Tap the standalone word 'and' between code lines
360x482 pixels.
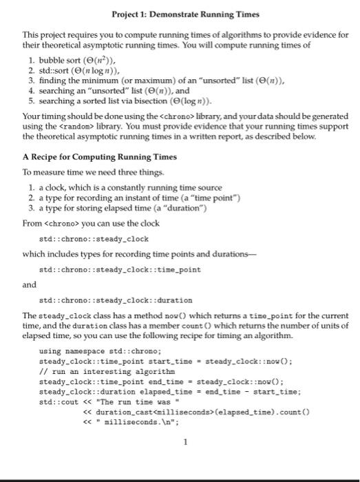click(29, 284)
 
